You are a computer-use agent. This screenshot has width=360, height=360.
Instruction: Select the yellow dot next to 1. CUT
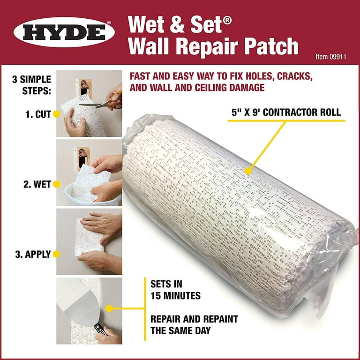[x=56, y=113]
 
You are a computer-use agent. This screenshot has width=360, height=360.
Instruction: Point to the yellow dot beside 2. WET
[x=56, y=184]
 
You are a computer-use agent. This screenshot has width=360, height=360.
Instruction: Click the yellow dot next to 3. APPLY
[x=56, y=255]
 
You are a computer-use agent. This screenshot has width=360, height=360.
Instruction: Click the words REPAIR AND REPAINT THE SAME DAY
[x=194, y=325]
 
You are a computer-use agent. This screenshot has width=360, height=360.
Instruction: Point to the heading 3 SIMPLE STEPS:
[x=32, y=84]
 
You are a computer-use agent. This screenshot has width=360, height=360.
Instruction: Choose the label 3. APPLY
[x=32, y=255]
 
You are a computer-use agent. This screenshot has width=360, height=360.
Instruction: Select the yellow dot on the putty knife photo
[x=109, y=308]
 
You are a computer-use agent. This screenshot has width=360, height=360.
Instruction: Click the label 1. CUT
[x=38, y=113]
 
